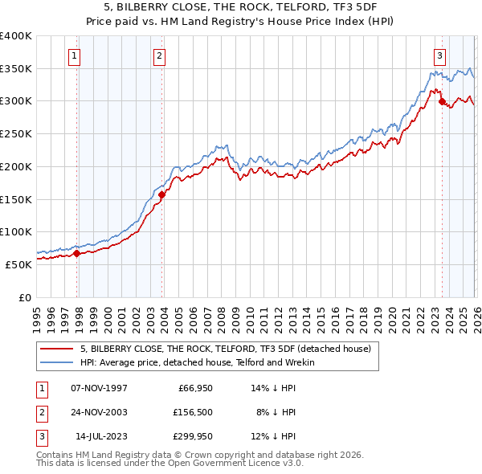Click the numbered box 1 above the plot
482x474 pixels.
[74, 55]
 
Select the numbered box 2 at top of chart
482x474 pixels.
[160, 55]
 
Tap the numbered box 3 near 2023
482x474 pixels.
[439, 55]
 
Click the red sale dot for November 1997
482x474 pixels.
[77, 253]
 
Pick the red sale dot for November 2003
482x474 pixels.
[162, 194]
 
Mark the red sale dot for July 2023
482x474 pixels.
[442, 101]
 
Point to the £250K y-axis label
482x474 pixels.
[16, 134]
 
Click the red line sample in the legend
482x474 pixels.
[56, 349]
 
